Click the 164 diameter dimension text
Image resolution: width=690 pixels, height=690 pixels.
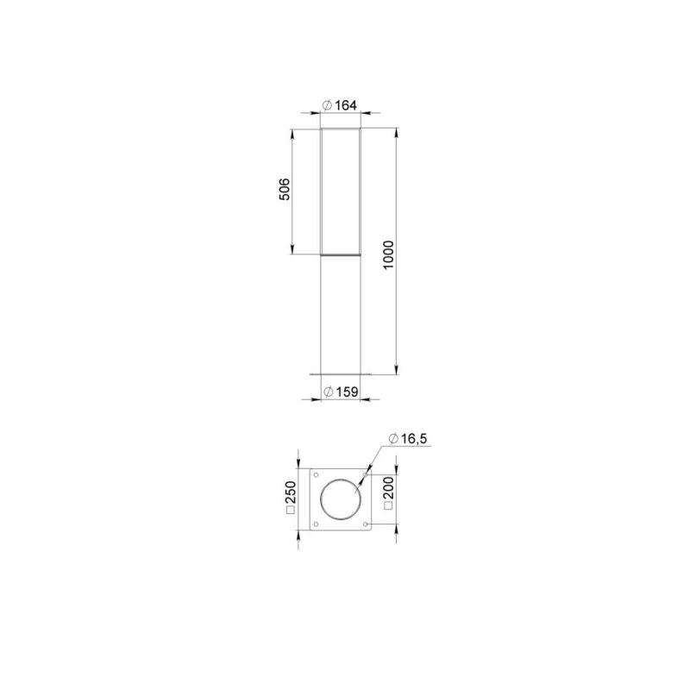pyautogui.click(x=346, y=105)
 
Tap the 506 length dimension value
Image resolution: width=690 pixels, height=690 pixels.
pyautogui.click(x=285, y=189)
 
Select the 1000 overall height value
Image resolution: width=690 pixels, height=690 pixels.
pyautogui.click(x=389, y=255)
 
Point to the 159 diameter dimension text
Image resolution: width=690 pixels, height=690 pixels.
pyautogui.click(x=348, y=392)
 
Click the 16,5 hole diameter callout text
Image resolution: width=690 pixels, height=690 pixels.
pyautogui.click(x=414, y=439)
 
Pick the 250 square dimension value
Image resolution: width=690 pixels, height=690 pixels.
pyautogui.click(x=291, y=492)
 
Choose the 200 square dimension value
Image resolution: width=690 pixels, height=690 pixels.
pyautogui.click(x=389, y=488)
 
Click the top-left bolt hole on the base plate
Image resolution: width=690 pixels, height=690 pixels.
pyautogui.click(x=316, y=475)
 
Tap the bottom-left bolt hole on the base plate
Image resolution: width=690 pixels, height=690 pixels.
pyautogui.click(x=316, y=524)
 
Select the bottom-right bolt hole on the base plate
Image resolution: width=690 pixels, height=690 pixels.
pyautogui.click(x=366, y=524)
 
